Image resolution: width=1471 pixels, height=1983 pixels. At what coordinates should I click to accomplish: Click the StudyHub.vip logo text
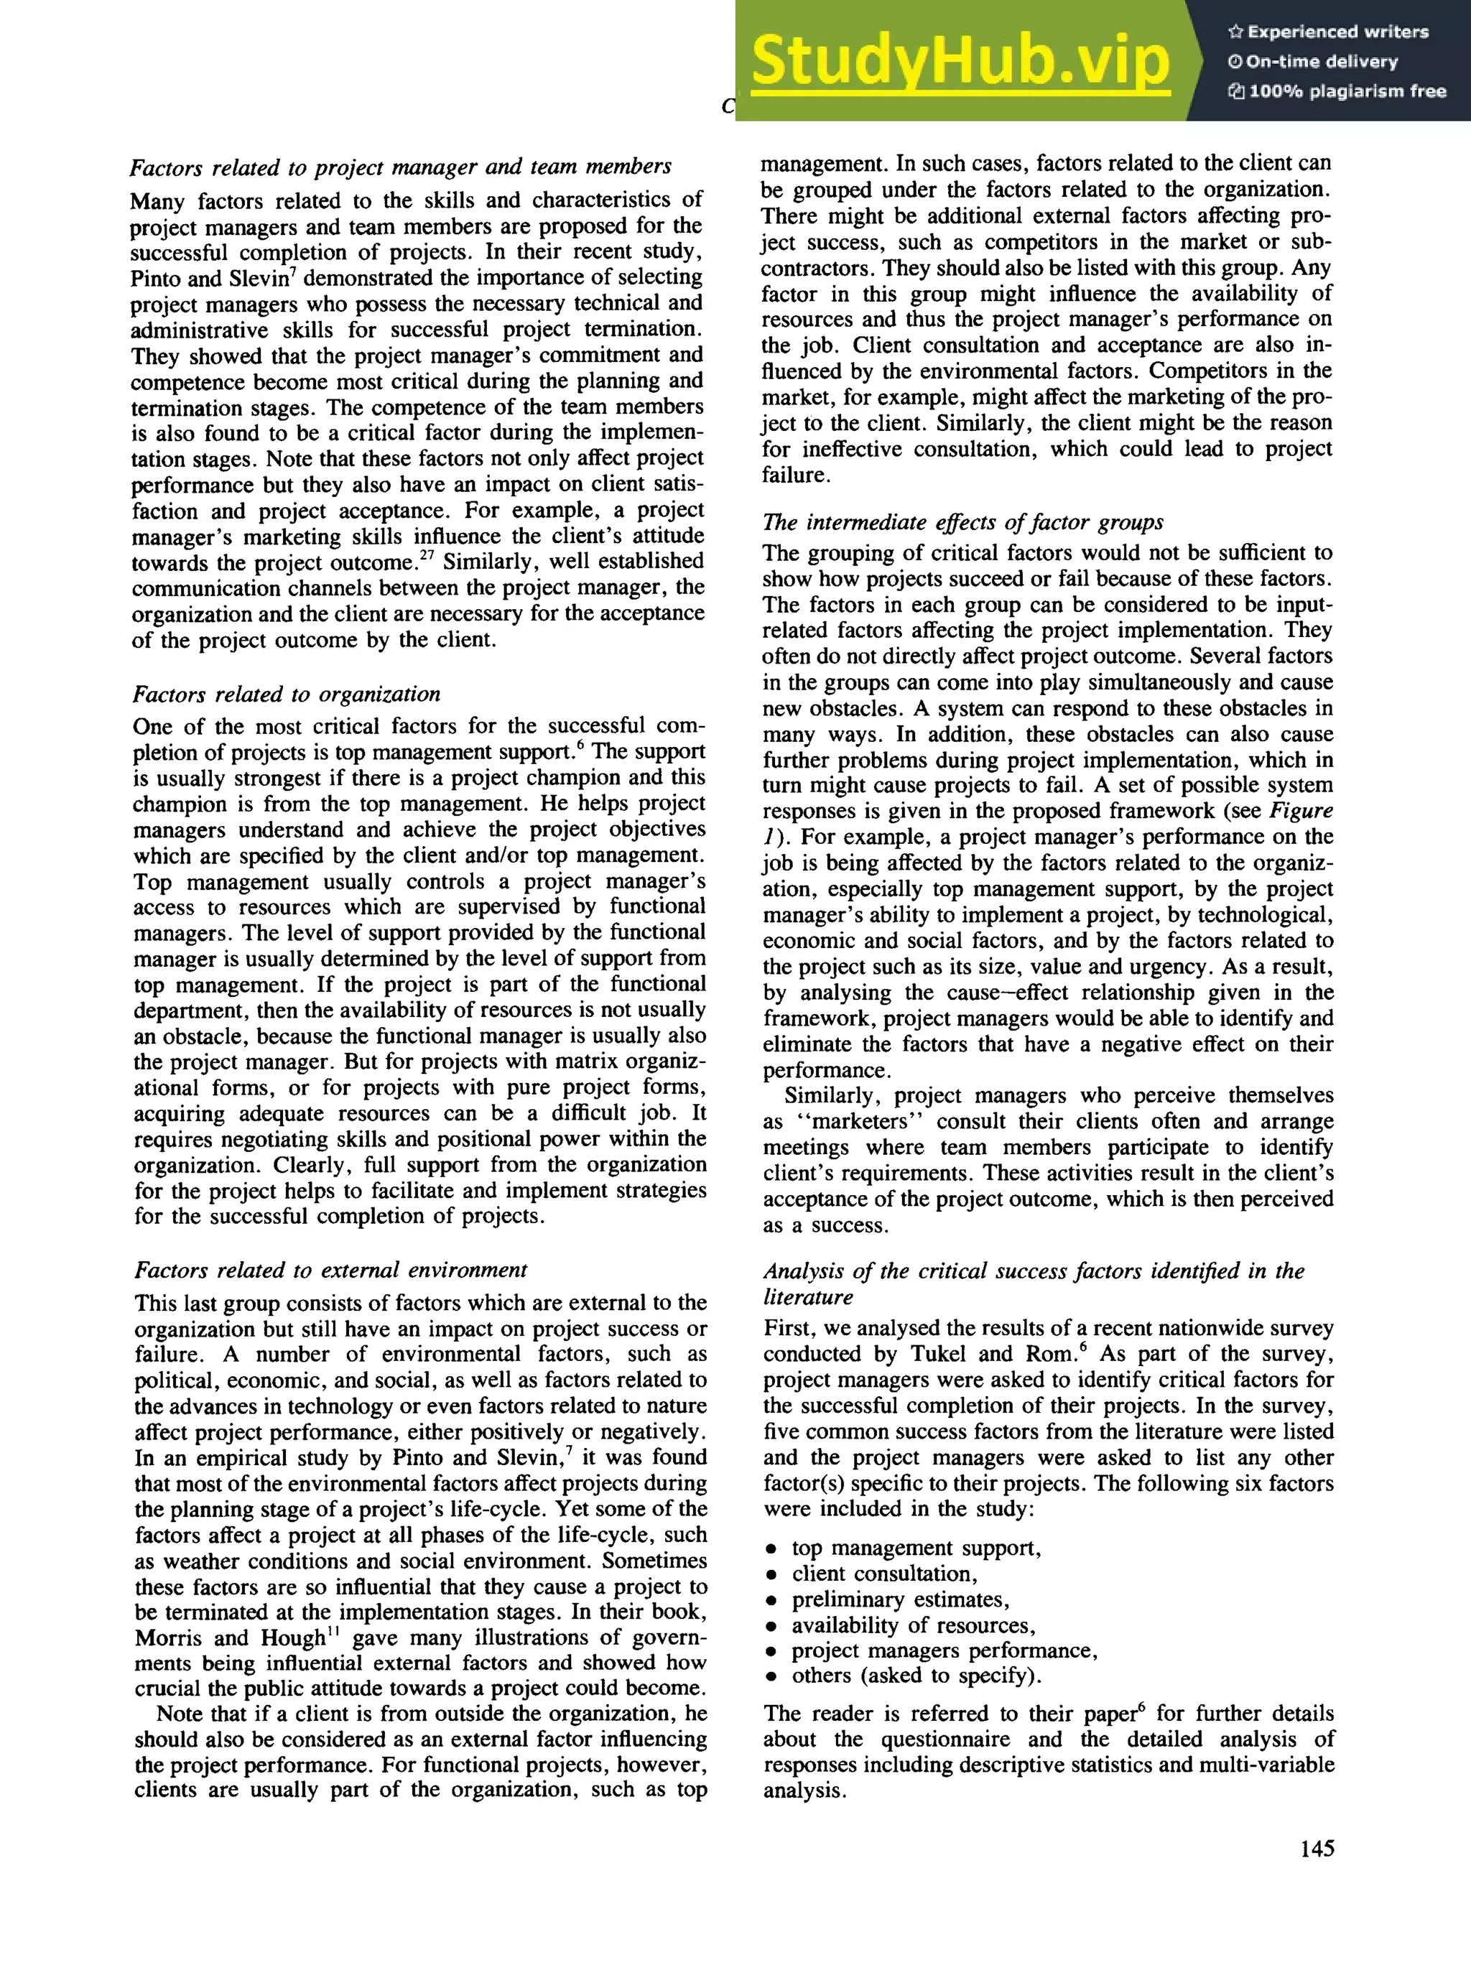click(960, 60)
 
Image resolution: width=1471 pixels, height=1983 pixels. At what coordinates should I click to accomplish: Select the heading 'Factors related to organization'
click(286, 695)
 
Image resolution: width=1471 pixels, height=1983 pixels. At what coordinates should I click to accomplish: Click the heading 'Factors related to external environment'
click(330, 1270)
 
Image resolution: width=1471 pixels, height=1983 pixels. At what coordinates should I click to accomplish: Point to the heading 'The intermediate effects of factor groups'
click(962, 523)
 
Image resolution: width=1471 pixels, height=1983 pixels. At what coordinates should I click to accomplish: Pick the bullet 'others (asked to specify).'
click(917, 1676)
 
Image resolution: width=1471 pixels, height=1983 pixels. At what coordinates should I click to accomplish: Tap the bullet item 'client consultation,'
click(884, 1574)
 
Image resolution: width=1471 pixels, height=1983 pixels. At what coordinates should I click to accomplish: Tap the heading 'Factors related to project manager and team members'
click(401, 167)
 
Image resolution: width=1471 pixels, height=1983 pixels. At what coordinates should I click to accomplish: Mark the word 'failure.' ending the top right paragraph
click(795, 475)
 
